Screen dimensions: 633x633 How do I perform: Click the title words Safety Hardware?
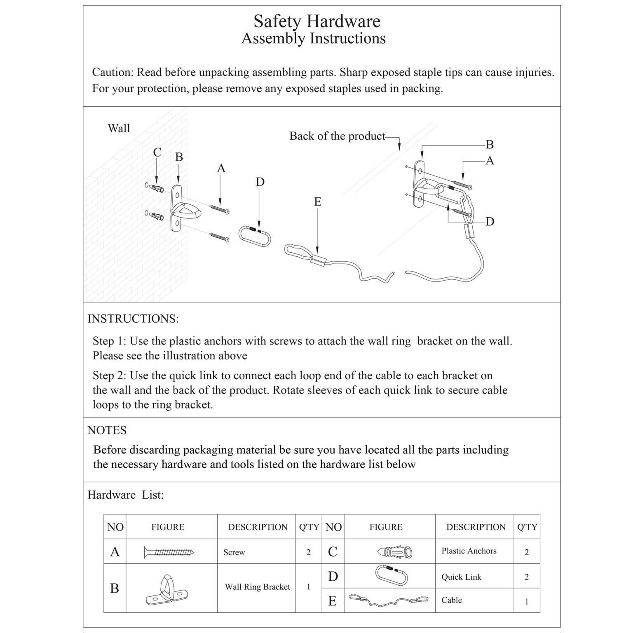tap(316, 21)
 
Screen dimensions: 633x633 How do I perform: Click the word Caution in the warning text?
tap(112, 73)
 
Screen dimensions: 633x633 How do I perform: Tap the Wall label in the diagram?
tap(119, 129)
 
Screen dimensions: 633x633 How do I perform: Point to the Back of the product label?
tap(337, 136)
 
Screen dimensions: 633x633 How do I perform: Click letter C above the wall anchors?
tap(157, 152)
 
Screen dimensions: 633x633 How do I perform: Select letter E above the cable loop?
tap(317, 202)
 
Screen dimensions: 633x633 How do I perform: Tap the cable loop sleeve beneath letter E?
tap(318, 260)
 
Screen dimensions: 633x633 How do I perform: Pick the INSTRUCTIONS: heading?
tap(133, 319)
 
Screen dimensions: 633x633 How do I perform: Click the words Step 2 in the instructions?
tap(109, 375)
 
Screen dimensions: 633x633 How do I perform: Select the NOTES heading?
tap(107, 430)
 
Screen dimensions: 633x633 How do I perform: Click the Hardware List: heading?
tap(126, 495)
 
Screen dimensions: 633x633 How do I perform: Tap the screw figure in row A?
tap(169, 552)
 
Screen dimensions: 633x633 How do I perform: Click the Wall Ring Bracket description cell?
tap(257, 587)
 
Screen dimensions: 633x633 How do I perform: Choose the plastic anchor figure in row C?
tap(394, 551)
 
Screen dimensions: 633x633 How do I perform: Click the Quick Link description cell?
tap(461, 577)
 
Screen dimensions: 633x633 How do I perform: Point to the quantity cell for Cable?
tap(526, 602)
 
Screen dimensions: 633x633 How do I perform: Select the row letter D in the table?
tap(333, 577)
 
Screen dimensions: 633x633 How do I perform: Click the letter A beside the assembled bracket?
tap(490, 161)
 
